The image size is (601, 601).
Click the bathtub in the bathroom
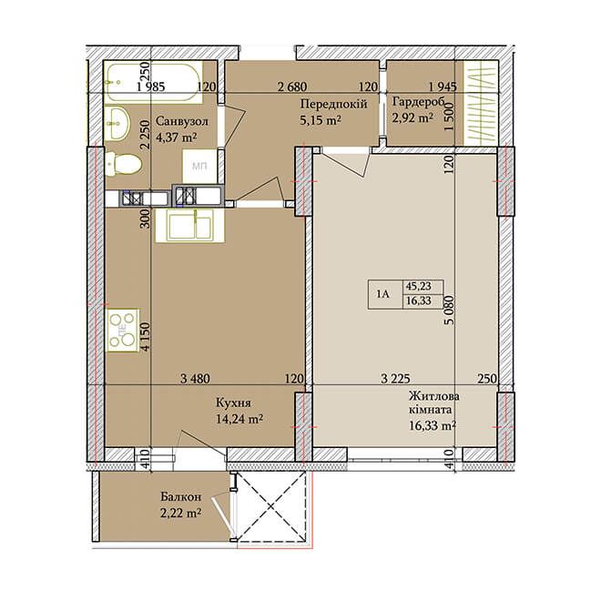pos(153,82)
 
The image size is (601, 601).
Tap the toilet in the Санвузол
pos(123,163)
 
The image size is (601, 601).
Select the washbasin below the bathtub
pos(117,124)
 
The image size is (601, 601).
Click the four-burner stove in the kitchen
pos(123,330)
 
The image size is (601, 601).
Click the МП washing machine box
pos(199,166)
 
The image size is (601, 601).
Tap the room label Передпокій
pos(333,104)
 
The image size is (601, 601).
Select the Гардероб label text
pos(418,102)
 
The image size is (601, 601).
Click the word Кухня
pos(233,402)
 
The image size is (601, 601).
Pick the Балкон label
pos(180,497)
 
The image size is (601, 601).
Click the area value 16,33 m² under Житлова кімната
pos(433,425)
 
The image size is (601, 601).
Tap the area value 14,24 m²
pos(239,419)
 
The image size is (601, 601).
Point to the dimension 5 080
pos(449,310)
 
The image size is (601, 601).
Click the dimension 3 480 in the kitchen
pos(195,379)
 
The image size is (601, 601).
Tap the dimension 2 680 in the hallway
pos(292,87)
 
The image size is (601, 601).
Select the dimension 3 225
pos(395,379)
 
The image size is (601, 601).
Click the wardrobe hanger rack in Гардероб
pos(481,103)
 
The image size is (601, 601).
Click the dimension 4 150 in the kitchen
pos(145,336)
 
